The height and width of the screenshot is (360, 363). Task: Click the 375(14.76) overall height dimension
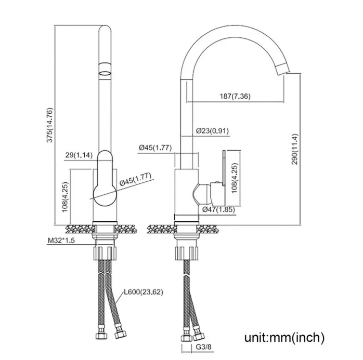click(x=50, y=125)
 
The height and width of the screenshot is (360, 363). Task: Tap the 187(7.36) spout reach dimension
click(x=235, y=96)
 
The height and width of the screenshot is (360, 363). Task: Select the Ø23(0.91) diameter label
click(x=212, y=131)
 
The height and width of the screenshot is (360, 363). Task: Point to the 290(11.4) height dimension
click(x=295, y=149)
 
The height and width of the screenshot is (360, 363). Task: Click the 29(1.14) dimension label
click(x=79, y=155)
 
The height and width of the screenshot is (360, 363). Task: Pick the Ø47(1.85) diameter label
click(x=218, y=209)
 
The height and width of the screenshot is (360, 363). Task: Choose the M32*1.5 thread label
click(x=61, y=241)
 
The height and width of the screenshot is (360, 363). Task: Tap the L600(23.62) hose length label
click(x=144, y=292)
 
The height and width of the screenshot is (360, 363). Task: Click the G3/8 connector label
click(x=204, y=347)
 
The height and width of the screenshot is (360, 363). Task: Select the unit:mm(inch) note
click(x=284, y=337)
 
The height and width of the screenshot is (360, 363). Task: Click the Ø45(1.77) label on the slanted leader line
click(x=135, y=179)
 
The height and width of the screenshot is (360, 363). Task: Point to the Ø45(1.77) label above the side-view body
click(x=155, y=148)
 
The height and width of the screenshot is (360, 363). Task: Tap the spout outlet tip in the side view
click(x=283, y=69)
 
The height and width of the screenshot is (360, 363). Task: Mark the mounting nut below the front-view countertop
click(x=105, y=253)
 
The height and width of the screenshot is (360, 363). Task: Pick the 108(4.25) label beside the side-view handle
click(x=235, y=178)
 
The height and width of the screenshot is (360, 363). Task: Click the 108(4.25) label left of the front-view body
click(x=65, y=197)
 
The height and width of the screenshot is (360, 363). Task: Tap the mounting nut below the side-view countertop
click(x=187, y=253)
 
